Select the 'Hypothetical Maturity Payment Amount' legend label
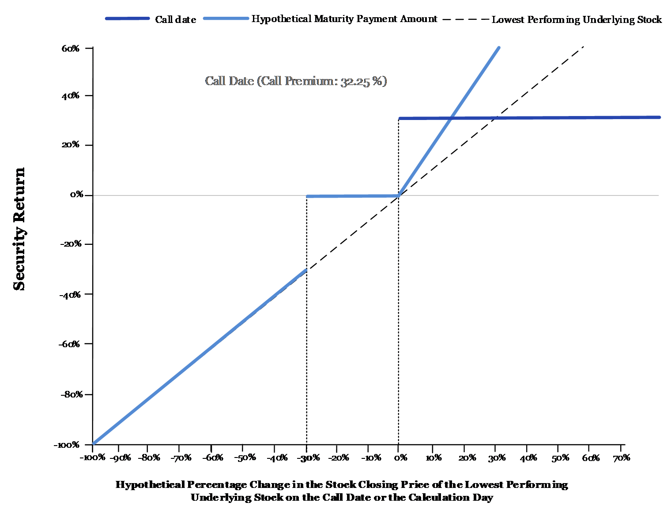click(344, 19)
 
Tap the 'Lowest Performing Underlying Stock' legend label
click(577, 20)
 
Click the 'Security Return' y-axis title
click(19, 229)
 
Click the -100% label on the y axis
click(67, 445)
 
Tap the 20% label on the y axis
click(70, 144)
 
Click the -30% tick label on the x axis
click(307, 458)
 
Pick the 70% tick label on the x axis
click(622, 458)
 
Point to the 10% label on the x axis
click(434, 458)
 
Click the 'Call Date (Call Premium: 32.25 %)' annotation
click(296, 81)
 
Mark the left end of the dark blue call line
click(399, 119)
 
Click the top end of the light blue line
click(499, 48)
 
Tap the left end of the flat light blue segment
click(307, 196)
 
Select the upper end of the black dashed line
click(584, 47)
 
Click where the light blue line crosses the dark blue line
click(451, 118)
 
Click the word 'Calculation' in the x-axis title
click(438, 497)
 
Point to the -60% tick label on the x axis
click(212, 458)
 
